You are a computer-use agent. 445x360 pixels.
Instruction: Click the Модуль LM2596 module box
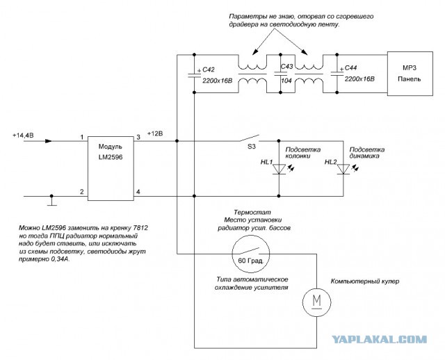(x=111, y=168)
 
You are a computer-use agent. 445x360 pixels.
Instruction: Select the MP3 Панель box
(x=410, y=74)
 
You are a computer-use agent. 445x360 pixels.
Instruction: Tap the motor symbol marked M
(x=316, y=302)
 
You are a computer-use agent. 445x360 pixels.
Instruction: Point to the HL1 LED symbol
(x=279, y=169)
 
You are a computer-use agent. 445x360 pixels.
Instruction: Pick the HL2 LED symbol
(x=343, y=169)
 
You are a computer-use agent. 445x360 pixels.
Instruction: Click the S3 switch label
(x=252, y=147)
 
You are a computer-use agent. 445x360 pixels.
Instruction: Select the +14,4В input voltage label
(x=23, y=136)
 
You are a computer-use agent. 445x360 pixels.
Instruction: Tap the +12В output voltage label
(x=155, y=133)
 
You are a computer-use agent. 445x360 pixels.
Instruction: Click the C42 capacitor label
(x=209, y=69)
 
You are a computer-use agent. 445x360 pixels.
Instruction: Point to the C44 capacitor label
(x=350, y=68)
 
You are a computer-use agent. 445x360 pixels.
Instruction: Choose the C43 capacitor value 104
(x=286, y=81)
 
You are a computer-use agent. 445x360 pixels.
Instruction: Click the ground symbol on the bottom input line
(x=51, y=200)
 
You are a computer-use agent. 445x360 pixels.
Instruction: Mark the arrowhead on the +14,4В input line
(x=49, y=141)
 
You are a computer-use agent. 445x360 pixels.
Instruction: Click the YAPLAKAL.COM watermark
(x=380, y=339)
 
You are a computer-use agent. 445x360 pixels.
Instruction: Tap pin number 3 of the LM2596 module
(x=138, y=138)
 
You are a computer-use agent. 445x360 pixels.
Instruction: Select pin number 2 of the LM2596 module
(x=82, y=192)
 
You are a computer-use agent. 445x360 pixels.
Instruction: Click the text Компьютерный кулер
(x=365, y=281)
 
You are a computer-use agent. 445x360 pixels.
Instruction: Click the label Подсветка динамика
(x=367, y=153)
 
